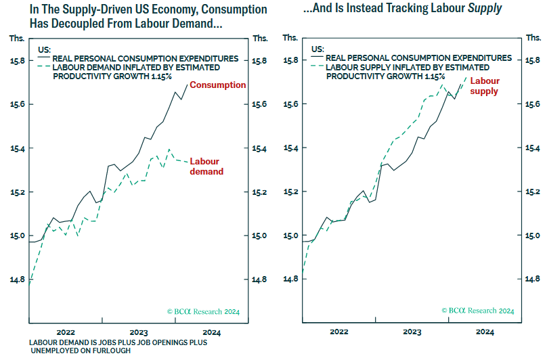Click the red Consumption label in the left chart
tap(217, 85)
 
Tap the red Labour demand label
tap(206, 166)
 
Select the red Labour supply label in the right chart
tap(485, 86)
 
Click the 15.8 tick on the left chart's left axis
tap(15, 61)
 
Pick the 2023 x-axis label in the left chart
tap(139, 332)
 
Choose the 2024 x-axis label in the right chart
tap(485, 332)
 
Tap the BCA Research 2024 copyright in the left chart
tap(203, 312)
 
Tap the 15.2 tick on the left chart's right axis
tap(261, 192)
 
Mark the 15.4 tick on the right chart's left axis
tap(290, 148)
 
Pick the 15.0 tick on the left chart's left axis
tap(15, 236)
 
